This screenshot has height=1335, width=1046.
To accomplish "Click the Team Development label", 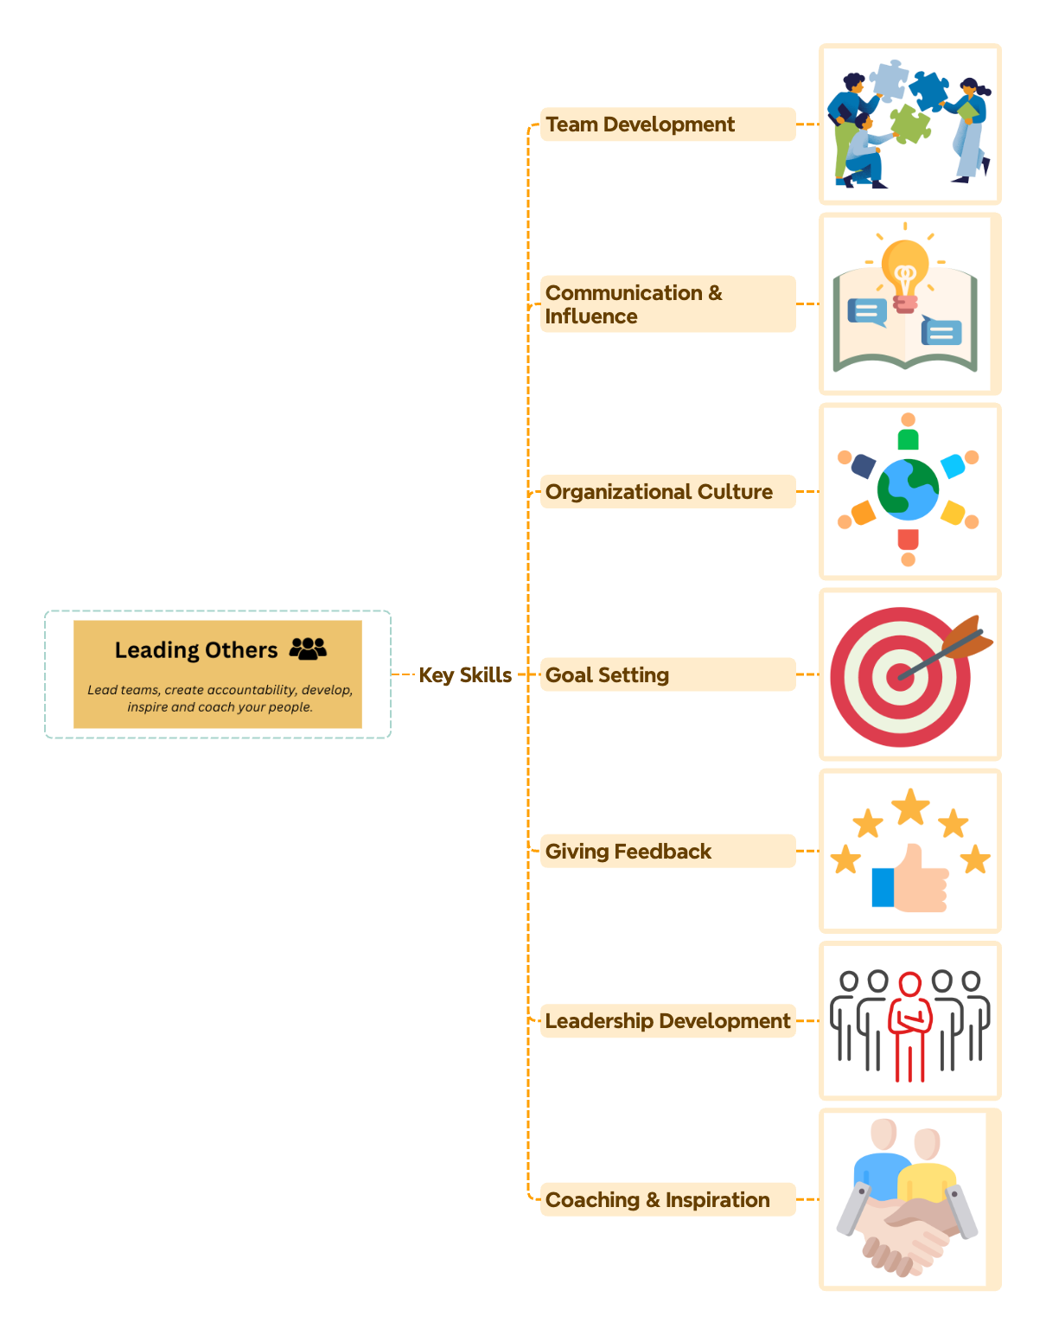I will point(640,125).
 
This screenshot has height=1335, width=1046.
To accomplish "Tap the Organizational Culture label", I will point(659,492).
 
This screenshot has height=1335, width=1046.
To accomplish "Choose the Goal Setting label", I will point(607,675).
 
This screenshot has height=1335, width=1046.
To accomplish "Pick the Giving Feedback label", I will point(628,852).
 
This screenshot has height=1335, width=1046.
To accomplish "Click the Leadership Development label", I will point(667,1021).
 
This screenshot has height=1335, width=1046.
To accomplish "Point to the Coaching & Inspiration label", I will point(657,1200).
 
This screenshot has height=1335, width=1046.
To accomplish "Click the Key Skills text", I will point(465,675).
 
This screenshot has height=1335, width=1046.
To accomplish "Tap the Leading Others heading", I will point(196,650).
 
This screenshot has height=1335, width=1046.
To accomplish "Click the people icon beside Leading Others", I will point(308,648).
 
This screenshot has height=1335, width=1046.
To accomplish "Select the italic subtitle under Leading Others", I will point(220,699).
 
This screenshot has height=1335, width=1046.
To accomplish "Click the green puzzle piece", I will point(910,124).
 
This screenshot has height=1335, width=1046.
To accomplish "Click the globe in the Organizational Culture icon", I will point(908,489).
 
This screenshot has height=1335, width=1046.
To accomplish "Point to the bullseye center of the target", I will point(900,676).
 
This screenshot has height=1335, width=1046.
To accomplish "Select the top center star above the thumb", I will point(910,807).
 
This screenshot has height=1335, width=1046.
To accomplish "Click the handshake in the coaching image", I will point(906,1228).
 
